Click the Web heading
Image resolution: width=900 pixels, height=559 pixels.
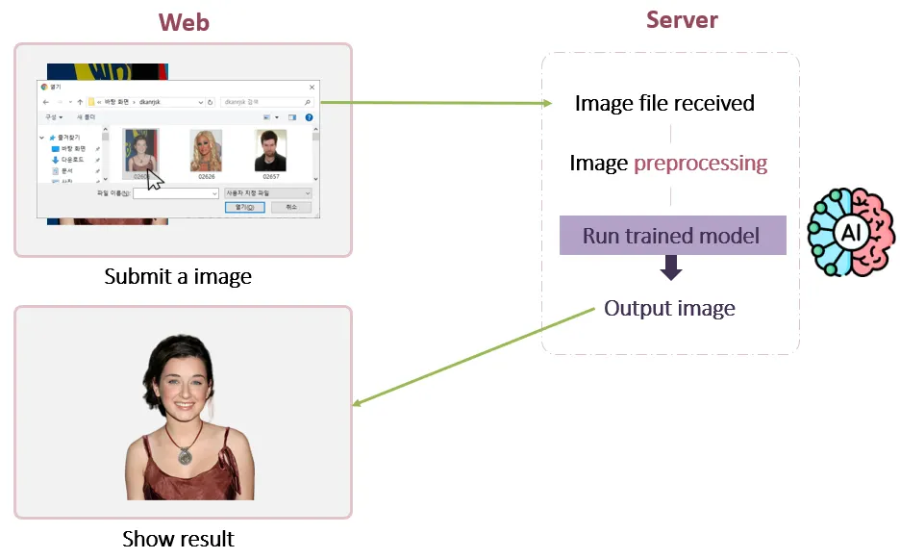[183, 21]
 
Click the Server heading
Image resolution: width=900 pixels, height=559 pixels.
[682, 19]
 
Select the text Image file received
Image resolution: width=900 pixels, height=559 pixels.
[664, 103]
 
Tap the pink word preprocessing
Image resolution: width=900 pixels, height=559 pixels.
[700, 163]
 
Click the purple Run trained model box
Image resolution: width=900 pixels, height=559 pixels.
[672, 236]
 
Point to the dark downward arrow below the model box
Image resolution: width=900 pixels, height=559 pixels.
[671, 267]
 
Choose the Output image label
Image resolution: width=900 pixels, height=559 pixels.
[669, 308]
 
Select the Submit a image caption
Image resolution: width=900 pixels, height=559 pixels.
[178, 277]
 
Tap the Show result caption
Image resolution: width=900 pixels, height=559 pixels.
[178, 538]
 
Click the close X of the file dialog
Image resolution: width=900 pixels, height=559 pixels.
[311, 87]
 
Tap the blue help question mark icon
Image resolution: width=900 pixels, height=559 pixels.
[309, 117]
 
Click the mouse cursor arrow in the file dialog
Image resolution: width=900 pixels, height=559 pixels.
[154, 180]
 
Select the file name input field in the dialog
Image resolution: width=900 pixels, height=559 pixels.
[177, 193]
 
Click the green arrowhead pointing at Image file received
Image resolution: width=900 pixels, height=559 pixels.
[549, 103]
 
